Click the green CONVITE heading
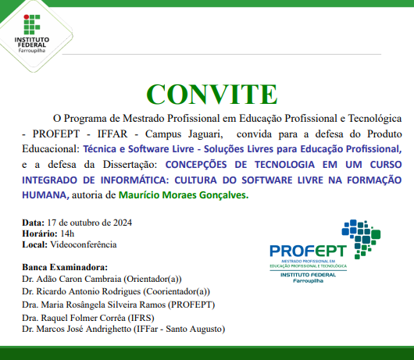pos(206,93)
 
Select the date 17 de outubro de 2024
pos(90,222)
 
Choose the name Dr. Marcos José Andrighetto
pos(79,329)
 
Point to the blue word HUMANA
pos(44,195)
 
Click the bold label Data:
pos(34,222)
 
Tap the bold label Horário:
pos(39,233)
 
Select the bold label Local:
pos(36,244)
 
